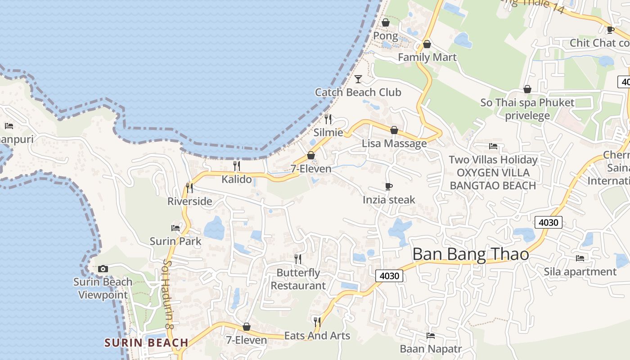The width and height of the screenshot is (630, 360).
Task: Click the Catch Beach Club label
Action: pos(358,92)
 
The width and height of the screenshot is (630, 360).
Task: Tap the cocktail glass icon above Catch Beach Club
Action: pos(358,79)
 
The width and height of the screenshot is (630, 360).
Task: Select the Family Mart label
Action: pos(427,57)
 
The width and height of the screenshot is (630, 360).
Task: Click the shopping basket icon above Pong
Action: pos(386,22)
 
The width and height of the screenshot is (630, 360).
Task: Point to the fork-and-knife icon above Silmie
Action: pos(328,119)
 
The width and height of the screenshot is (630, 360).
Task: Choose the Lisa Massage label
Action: pos(394,144)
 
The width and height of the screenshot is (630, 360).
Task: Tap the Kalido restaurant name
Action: pos(237,179)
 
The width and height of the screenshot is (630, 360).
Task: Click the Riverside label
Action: pos(189,201)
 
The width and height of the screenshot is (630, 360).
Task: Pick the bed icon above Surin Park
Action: pos(175,228)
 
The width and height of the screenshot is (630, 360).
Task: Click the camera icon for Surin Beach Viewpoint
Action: pos(103,269)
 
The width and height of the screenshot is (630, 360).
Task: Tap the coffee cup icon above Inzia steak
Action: pos(389,186)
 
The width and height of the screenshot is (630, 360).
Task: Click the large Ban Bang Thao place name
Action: pos(471,254)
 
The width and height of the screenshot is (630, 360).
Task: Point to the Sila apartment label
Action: pos(580,272)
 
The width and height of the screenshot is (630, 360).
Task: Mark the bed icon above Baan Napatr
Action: pos(431,335)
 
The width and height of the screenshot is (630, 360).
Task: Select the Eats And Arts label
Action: pos(317,336)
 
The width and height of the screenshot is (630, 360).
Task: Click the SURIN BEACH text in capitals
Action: pos(146,342)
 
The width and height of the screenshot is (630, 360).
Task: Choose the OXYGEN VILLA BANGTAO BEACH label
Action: pos(493,179)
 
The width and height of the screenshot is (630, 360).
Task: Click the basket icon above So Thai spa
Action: pos(527,90)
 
